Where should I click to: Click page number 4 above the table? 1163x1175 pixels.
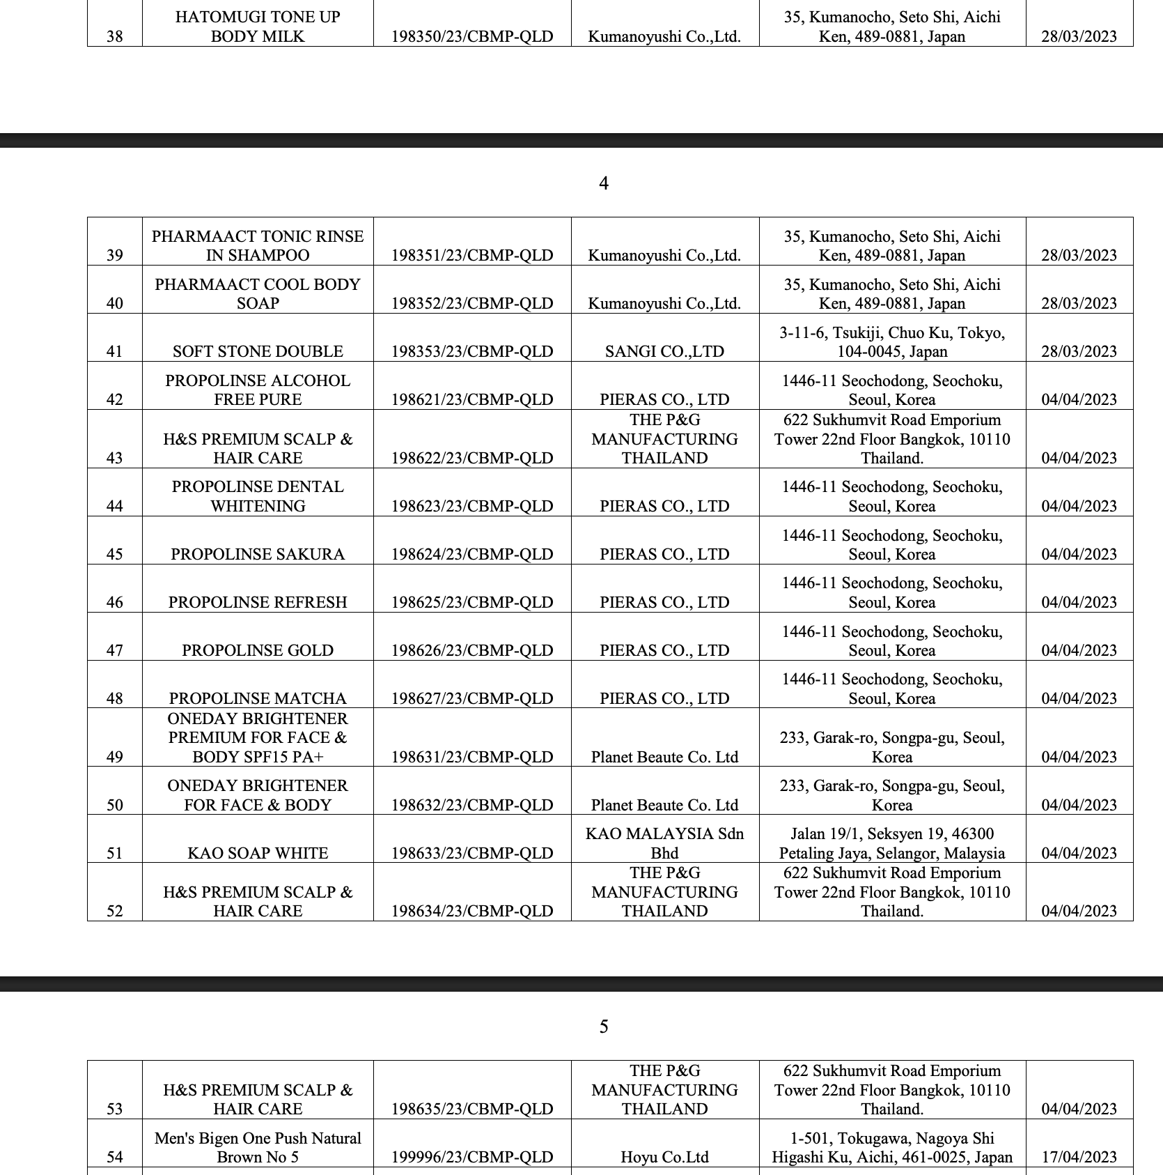pyautogui.click(x=604, y=183)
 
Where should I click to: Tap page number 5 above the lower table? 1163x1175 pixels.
pyautogui.click(x=604, y=1027)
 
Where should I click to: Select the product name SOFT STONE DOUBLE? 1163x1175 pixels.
pyautogui.click(x=258, y=351)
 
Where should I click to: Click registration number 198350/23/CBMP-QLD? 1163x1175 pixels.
pyautogui.click(x=472, y=36)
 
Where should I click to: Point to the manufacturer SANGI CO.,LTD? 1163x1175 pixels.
pyautogui.click(x=664, y=351)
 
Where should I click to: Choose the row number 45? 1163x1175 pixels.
pyautogui.click(x=115, y=554)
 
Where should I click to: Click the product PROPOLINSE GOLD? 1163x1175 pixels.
pyautogui.click(x=258, y=650)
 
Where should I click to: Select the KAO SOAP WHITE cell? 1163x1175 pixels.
pyautogui.click(x=258, y=853)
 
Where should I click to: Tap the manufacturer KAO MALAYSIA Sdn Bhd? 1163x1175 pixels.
pyautogui.click(x=664, y=843)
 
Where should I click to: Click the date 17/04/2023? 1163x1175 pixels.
pyautogui.click(x=1079, y=1157)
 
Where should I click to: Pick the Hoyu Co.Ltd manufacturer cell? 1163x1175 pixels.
pyautogui.click(x=664, y=1157)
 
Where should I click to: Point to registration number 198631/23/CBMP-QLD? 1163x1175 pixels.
pyautogui.click(x=472, y=757)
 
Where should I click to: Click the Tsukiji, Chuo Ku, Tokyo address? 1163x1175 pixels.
pyautogui.click(x=892, y=341)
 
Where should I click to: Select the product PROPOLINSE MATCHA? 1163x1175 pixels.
pyautogui.click(x=258, y=698)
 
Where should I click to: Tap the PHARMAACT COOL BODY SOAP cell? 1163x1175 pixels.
pyautogui.click(x=258, y=293)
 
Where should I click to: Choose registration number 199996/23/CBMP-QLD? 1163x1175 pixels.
pyautogui.click(x=472, y=1157)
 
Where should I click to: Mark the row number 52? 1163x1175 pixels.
pyautogui.click(x=115, y=911)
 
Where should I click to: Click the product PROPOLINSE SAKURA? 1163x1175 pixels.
pyautogui.click(x=258, y=554)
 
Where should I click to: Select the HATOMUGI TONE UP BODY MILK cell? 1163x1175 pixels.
pyautogui.click(x=258, y=26)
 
